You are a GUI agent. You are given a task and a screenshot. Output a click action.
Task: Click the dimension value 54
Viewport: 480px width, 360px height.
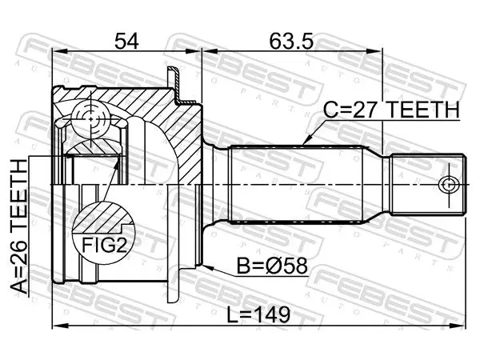click(x=126, y=42)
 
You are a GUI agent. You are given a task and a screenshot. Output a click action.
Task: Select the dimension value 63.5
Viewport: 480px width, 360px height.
click(x=292, y=42)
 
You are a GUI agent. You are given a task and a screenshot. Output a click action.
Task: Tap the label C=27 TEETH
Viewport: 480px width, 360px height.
click(x=391, y=110)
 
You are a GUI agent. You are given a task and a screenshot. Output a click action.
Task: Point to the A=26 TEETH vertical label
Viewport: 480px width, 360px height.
click(x=19, y=227)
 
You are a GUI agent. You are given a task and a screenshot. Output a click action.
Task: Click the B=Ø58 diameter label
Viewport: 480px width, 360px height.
click(x=272, y=266)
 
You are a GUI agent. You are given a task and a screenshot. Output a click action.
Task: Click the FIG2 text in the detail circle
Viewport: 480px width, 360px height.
click(x=104, y=245)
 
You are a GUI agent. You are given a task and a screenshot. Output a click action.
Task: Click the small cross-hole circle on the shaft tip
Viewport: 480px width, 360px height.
click(x=449, y=185)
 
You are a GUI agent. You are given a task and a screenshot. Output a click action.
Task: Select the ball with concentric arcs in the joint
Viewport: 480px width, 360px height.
click(x=91, y=118)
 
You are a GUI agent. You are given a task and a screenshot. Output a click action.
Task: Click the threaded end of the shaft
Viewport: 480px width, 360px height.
click(x=428, y=185)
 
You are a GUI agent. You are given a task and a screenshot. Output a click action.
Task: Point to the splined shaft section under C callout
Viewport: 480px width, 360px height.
click(x=297, y=185)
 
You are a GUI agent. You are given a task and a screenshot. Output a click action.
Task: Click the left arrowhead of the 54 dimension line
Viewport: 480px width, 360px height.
click(x=58, y=50)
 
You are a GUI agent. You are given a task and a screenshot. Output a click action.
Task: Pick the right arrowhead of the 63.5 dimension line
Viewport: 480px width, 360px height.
click(x=376, y=50)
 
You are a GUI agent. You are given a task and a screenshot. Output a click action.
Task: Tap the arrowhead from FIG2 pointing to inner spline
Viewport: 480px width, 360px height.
click(x=118, y=162)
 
